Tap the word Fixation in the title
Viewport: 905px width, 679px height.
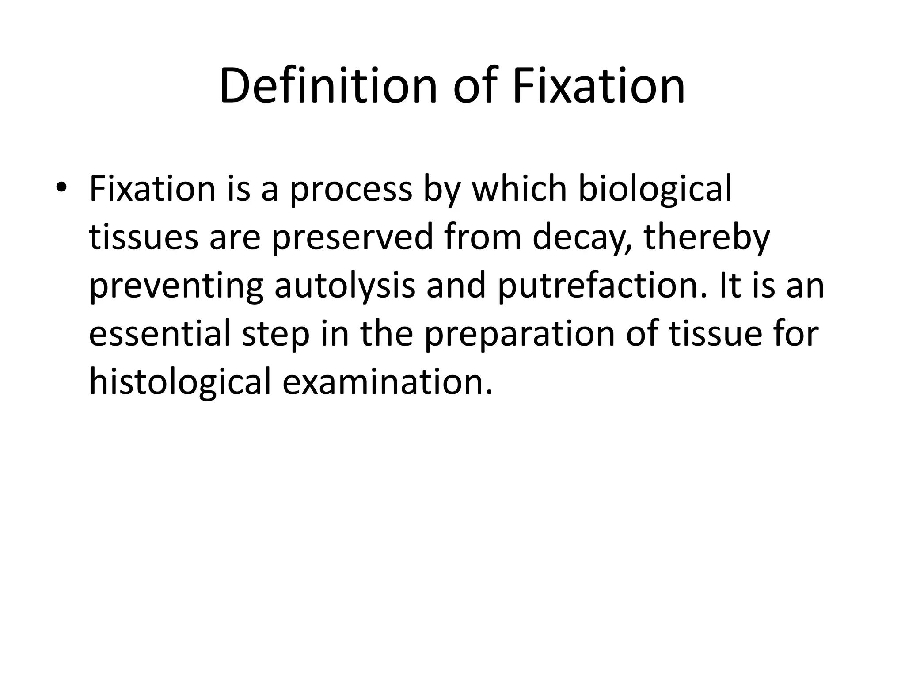pyautogui.click(x=598, y=86)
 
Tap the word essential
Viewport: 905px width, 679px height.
pyautogui.click(x=160, y=334)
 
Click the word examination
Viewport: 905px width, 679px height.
pyautogui.click(x=387, y=382)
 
